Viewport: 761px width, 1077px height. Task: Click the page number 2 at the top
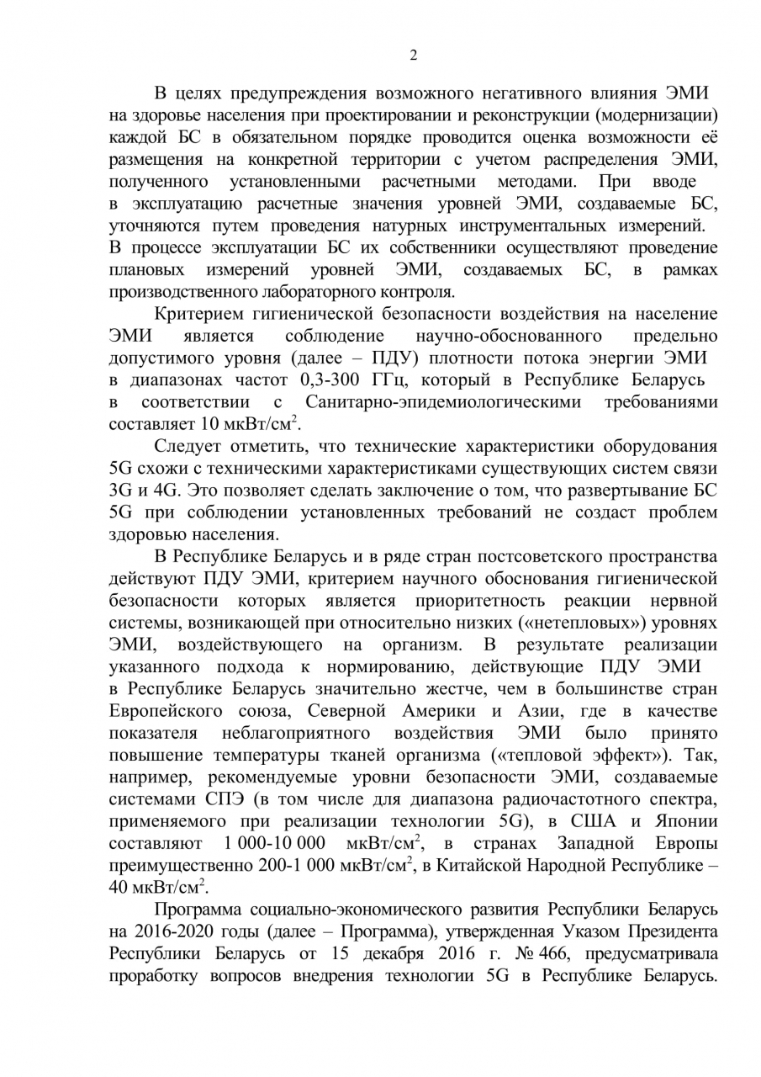point(413,56)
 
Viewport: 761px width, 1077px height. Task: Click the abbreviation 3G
point(123,490)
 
